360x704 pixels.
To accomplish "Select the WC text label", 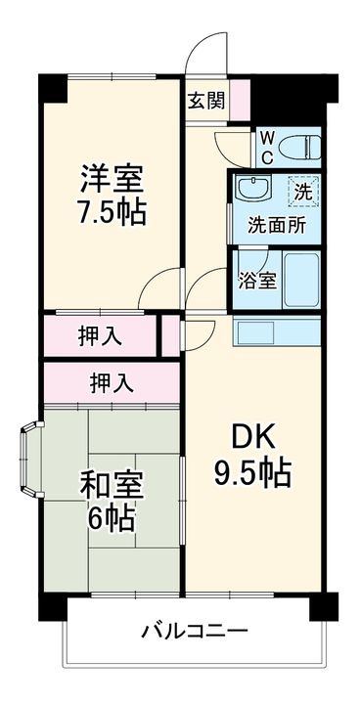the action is tap(266, 147).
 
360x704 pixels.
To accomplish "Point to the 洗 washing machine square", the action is tap(304, 191).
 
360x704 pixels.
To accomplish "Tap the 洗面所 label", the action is tap(276, 222).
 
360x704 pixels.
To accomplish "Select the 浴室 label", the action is tap(257, 278).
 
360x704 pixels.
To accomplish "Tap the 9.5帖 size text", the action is tap(252, 473).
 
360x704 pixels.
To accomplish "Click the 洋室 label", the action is tap(112, 180).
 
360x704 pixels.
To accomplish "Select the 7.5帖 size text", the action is tap(112, 213).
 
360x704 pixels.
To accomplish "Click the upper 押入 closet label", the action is tap(100, 335).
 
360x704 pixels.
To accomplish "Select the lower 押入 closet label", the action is tap(112, 381).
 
